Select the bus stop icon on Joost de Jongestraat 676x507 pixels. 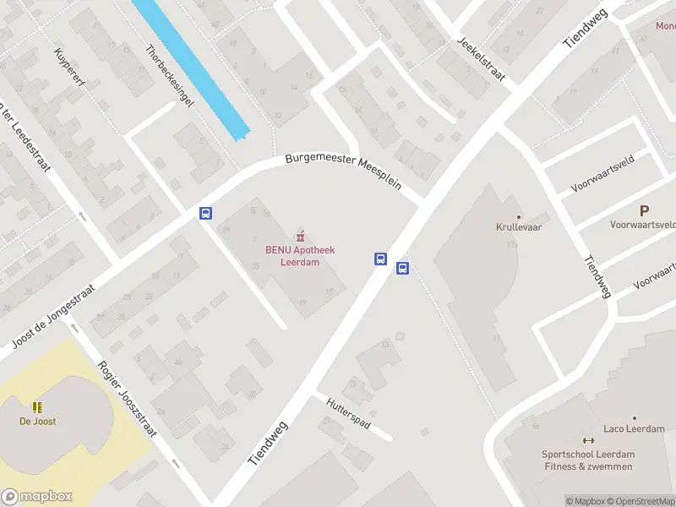point(205,214)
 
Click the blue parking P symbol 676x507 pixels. point(644,210)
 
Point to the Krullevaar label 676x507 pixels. point(519,227)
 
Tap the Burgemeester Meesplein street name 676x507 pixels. point(342,170)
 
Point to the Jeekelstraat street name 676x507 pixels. point(480,59)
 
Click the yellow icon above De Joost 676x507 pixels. point(37,406)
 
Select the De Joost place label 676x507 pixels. point(37,421)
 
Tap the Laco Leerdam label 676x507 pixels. point(634,428)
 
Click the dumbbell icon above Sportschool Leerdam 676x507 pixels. point(588,439)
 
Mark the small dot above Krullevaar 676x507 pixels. point(519,217)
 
